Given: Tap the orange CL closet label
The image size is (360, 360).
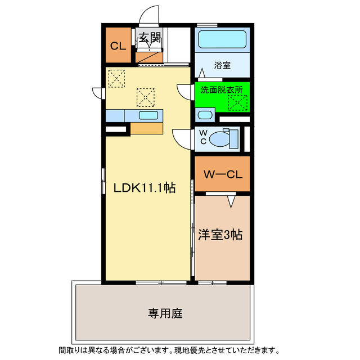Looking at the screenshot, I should tap(118, 46).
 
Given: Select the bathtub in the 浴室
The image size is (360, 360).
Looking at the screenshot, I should tap(222, 40).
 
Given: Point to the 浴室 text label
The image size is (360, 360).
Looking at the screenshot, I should tap(222, 65).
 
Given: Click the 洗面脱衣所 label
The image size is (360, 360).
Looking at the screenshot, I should tap(222, 89).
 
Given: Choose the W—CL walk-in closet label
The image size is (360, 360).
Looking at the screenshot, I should tap(222, 174).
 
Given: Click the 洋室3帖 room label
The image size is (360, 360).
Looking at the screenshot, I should tap(220, 235).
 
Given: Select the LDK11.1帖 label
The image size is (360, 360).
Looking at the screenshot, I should tap(145, 188).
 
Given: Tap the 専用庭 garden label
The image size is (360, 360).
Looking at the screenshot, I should tap(165, 313).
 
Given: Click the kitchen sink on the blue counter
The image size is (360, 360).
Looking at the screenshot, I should tap(148, 115).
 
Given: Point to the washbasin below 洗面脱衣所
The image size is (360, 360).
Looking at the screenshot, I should tap(205, 116).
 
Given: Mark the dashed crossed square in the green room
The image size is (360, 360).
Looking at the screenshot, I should tap(237, 102).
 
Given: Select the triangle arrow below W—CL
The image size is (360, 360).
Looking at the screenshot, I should tap(231, 200).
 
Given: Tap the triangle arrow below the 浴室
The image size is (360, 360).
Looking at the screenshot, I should tap(201, 73).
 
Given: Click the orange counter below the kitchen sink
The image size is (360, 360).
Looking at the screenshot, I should tap(147, 128).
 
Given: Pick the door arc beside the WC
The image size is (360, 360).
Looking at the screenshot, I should tap(181, 137).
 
